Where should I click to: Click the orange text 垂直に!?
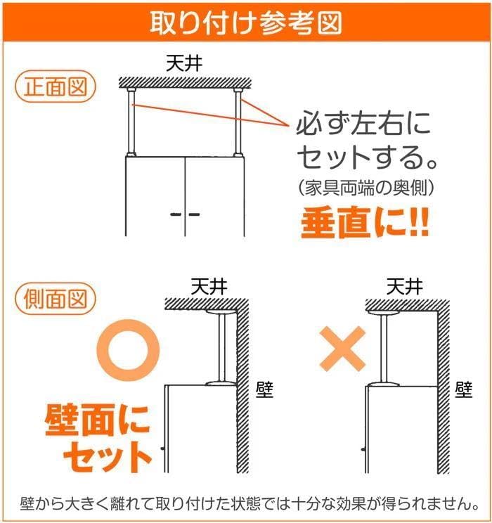365,223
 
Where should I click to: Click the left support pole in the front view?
130,121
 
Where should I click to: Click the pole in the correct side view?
223,346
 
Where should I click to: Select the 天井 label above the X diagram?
405,286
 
